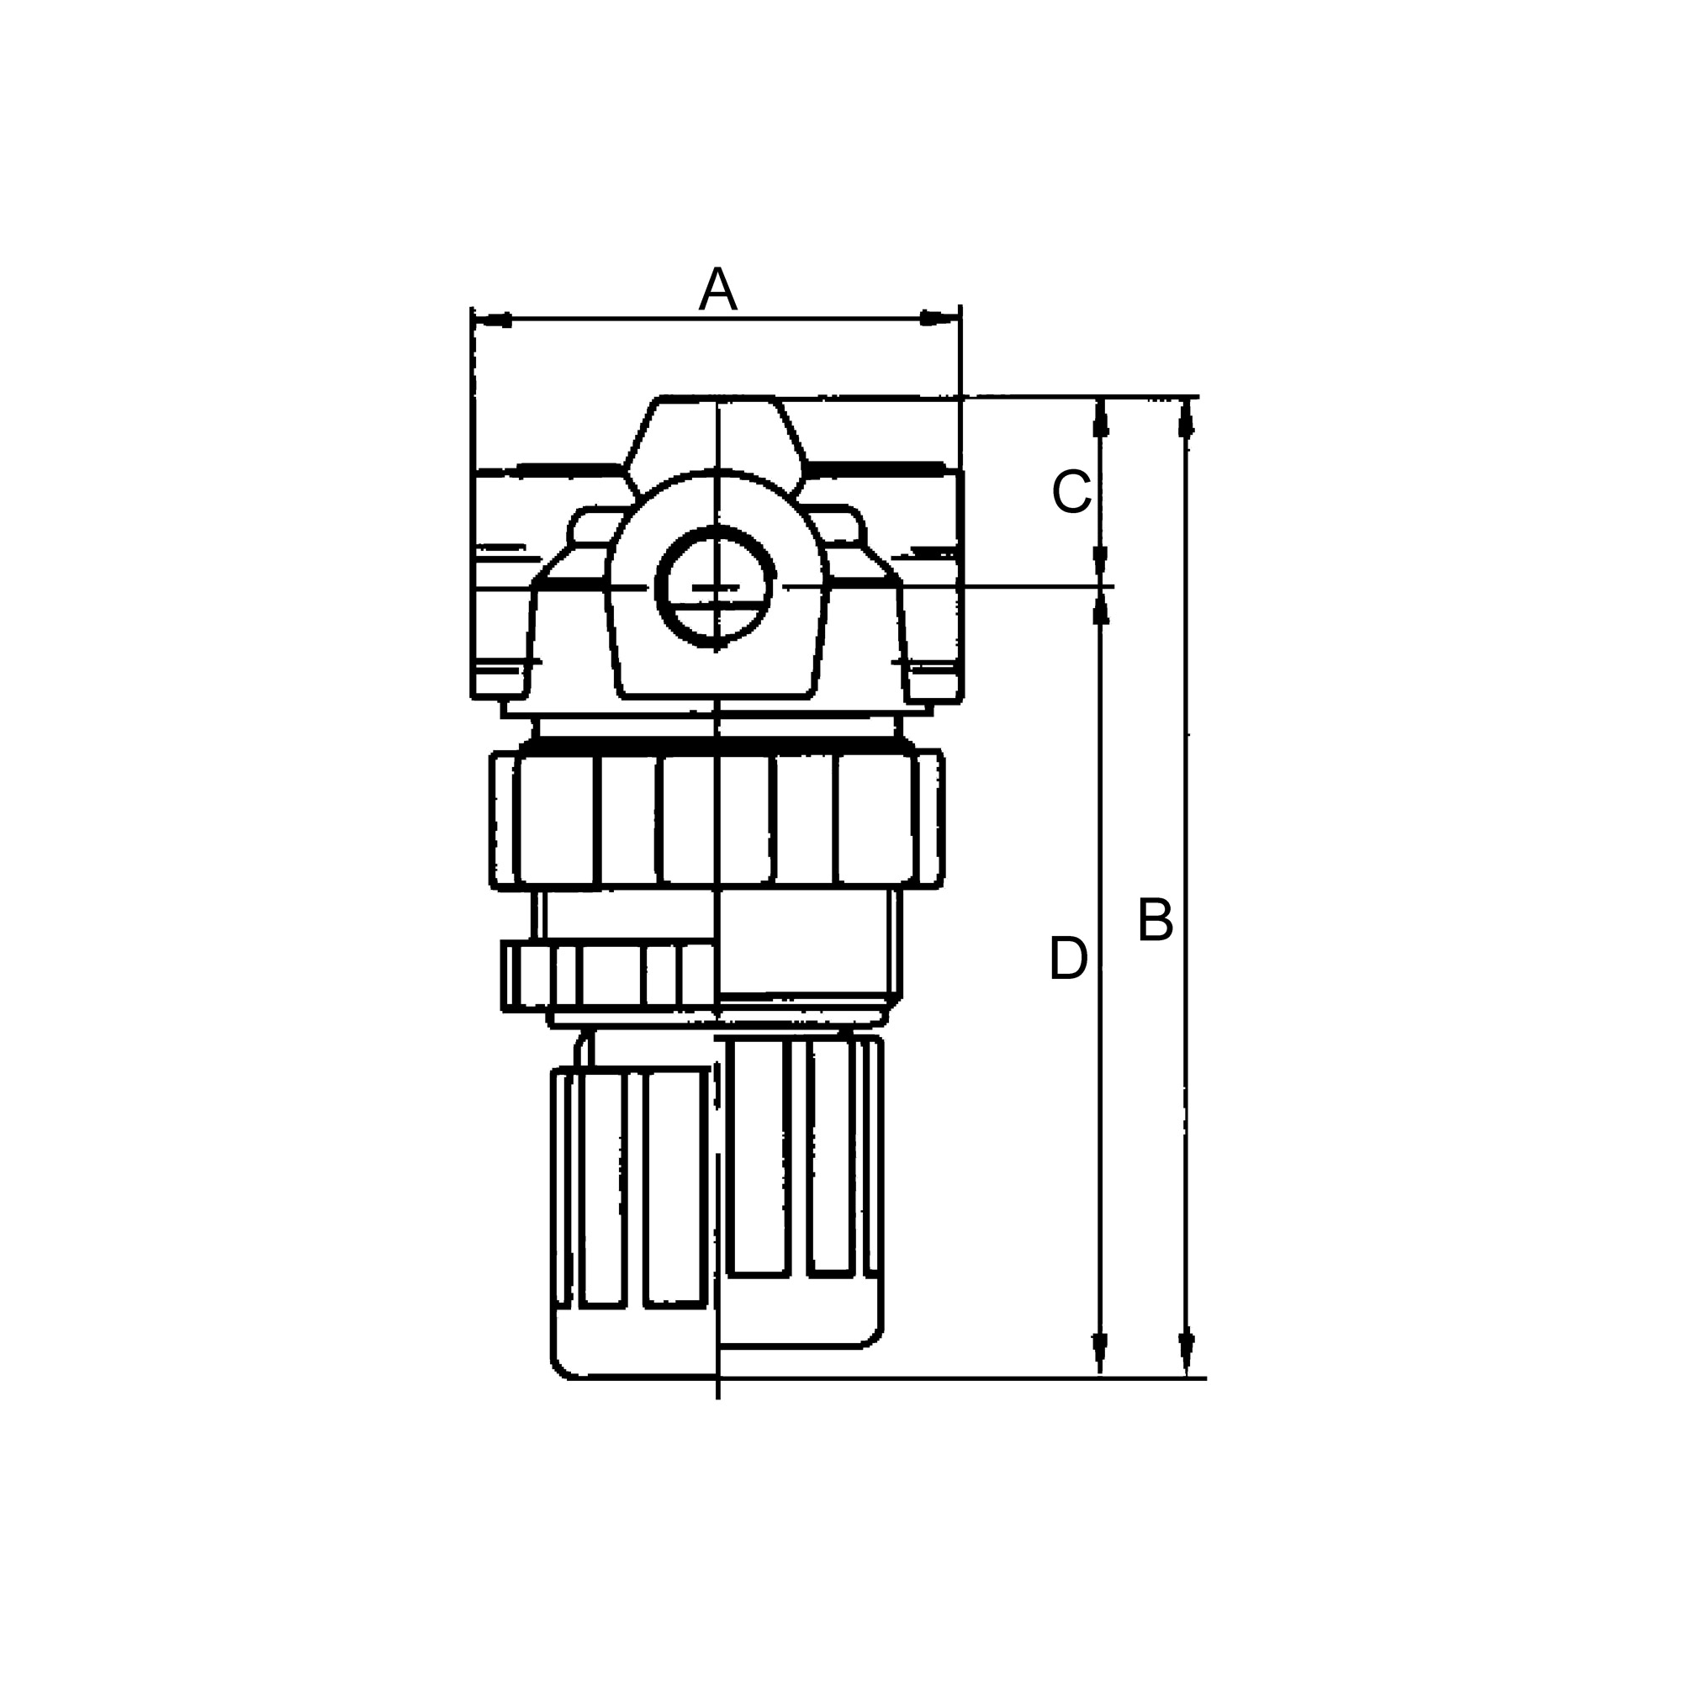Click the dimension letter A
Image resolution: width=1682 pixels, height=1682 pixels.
click(717, 289)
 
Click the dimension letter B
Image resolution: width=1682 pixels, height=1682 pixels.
click(1156, 920)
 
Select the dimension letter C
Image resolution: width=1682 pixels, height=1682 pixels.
click(1071, 492)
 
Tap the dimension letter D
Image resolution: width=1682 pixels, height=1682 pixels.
click(1068, 959)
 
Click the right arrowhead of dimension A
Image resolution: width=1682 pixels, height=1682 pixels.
click(939, 319)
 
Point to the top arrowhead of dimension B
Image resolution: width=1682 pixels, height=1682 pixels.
click(1186, 418)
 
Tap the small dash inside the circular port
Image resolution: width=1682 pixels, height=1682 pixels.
click(716, 589)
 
